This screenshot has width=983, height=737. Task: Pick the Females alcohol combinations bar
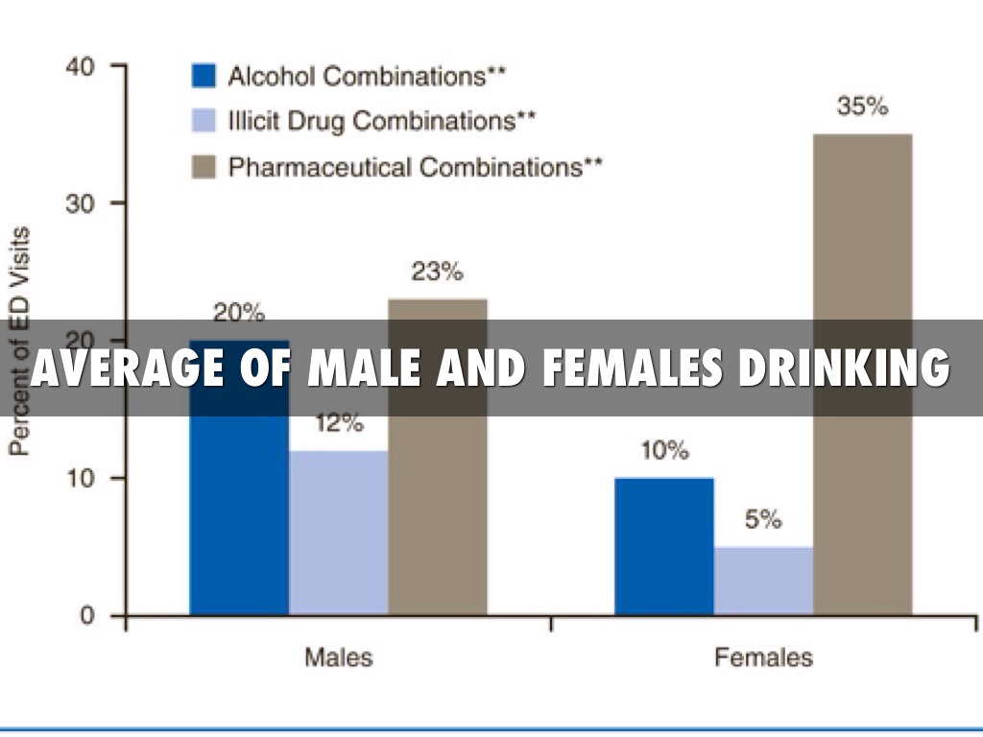click(x=664, y=546)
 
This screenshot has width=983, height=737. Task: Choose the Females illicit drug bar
click(x=764, y=581)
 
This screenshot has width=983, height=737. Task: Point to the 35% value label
click(x=862, y=107)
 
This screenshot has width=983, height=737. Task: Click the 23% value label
click(x=437, y=272)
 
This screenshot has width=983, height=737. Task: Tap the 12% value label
click(x=338, y=423)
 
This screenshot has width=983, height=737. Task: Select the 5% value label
click(x=763, y=520)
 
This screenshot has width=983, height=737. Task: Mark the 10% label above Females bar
click(x=664, y=451)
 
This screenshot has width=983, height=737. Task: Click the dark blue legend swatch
click(x=204, y=76)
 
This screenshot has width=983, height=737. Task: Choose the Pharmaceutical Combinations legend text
click(x=415, y=168)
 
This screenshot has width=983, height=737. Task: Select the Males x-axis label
click(x=338, y=658)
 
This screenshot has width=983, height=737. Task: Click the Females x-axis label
click(x=763, y=658)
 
